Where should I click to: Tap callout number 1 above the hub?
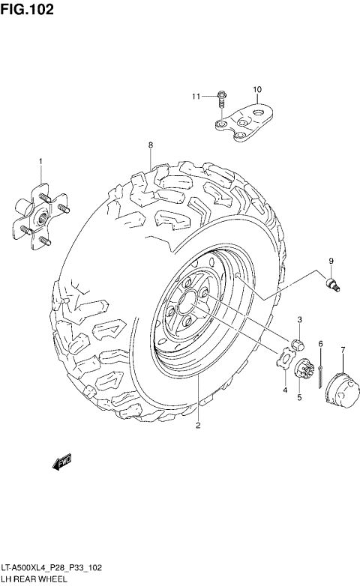pos(40,162)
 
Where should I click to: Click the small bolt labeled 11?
pos(222,97)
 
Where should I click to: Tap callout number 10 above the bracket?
pos(256,90)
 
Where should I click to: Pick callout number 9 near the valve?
pos(329,260)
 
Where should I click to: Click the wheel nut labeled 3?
pos(296,345)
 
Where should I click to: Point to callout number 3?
pos(298,321)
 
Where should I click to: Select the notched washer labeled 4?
pos(285,358)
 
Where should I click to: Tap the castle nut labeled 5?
pos(304,370)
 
